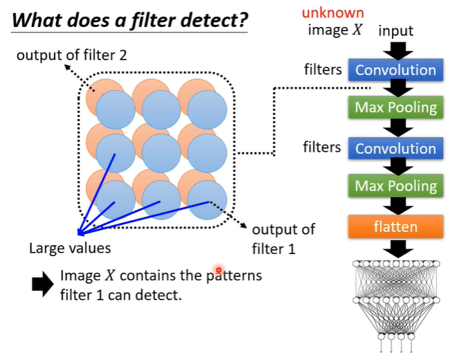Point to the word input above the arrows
click(x=396, y=30)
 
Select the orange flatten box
click(x=396, y=226)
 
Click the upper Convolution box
click(x=396, y=70)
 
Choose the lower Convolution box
click(x=396, y=148)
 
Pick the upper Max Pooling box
click(x=396, y=108)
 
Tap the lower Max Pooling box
click(x=396, y=186)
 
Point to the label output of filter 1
click(x=283, y=239)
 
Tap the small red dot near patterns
click(x=219, y=270)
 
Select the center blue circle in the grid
click(x=161, y=153)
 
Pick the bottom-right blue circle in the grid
click(x=207, y=199)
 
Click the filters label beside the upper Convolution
click(x=322, y=69)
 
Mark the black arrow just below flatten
click(x=396, y=248)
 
